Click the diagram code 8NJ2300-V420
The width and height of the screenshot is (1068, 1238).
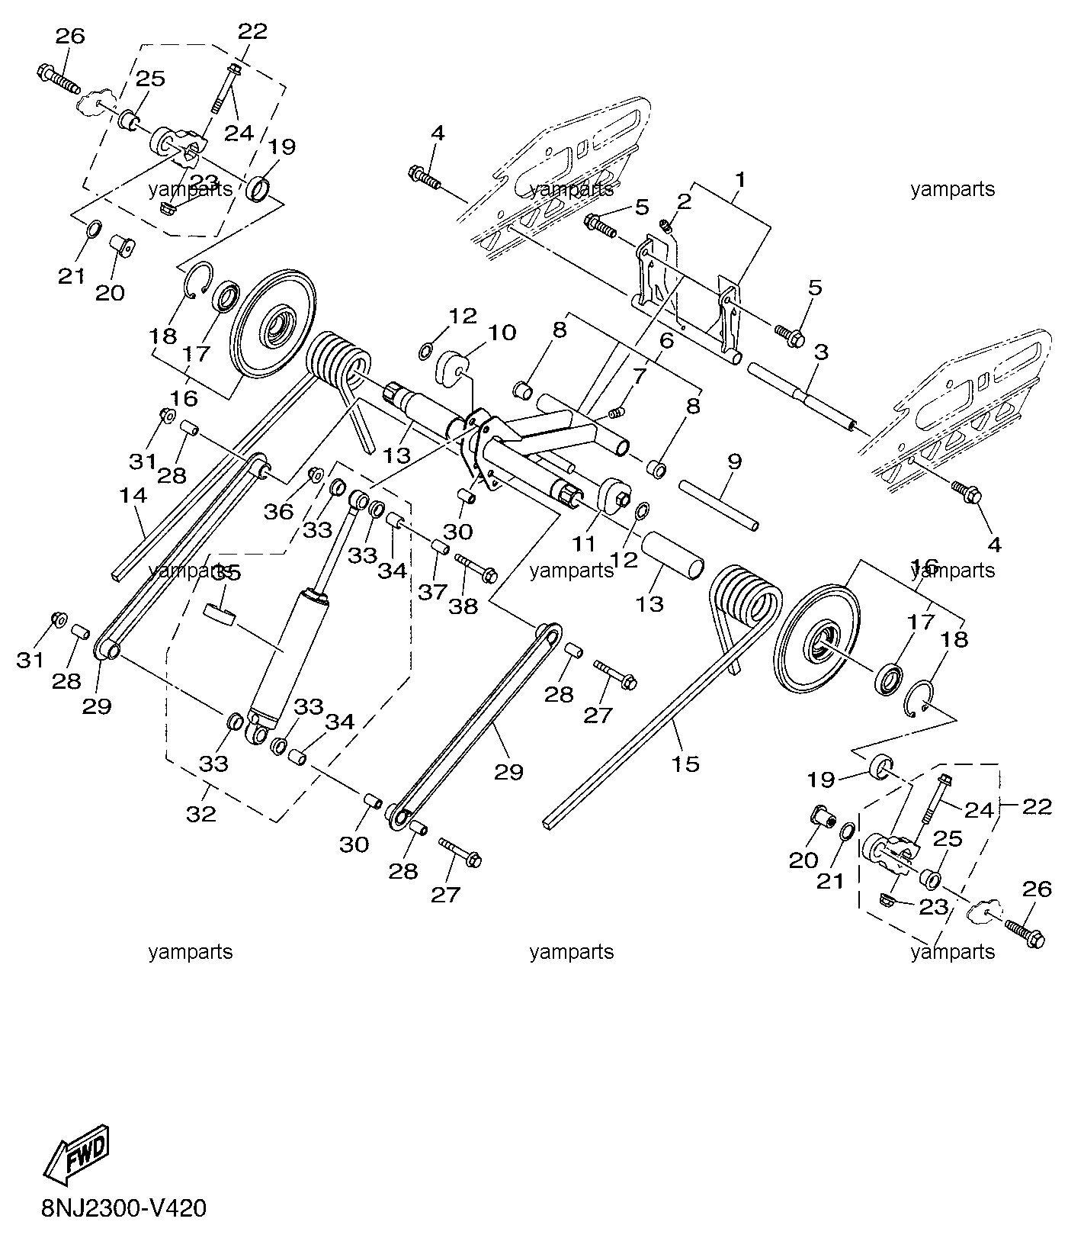click(x=124, y=1209)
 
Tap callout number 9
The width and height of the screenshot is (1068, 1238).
click(x=734, y=461)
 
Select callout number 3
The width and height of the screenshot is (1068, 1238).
click(x=821, y=353)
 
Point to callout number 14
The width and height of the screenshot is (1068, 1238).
click(x=133, y=496)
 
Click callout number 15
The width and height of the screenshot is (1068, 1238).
click(x=686, y=764)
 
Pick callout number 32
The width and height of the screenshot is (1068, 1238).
click(x=201, y=815)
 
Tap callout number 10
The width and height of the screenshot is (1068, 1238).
click(x=502, y=333)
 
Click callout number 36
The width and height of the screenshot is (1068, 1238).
click(x=278, y=510)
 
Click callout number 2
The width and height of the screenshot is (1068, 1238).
click(x=684, y=201)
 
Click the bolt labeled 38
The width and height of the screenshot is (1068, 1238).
click(x=476, y=566)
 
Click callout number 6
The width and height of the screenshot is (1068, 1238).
click(x=665, y=341)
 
